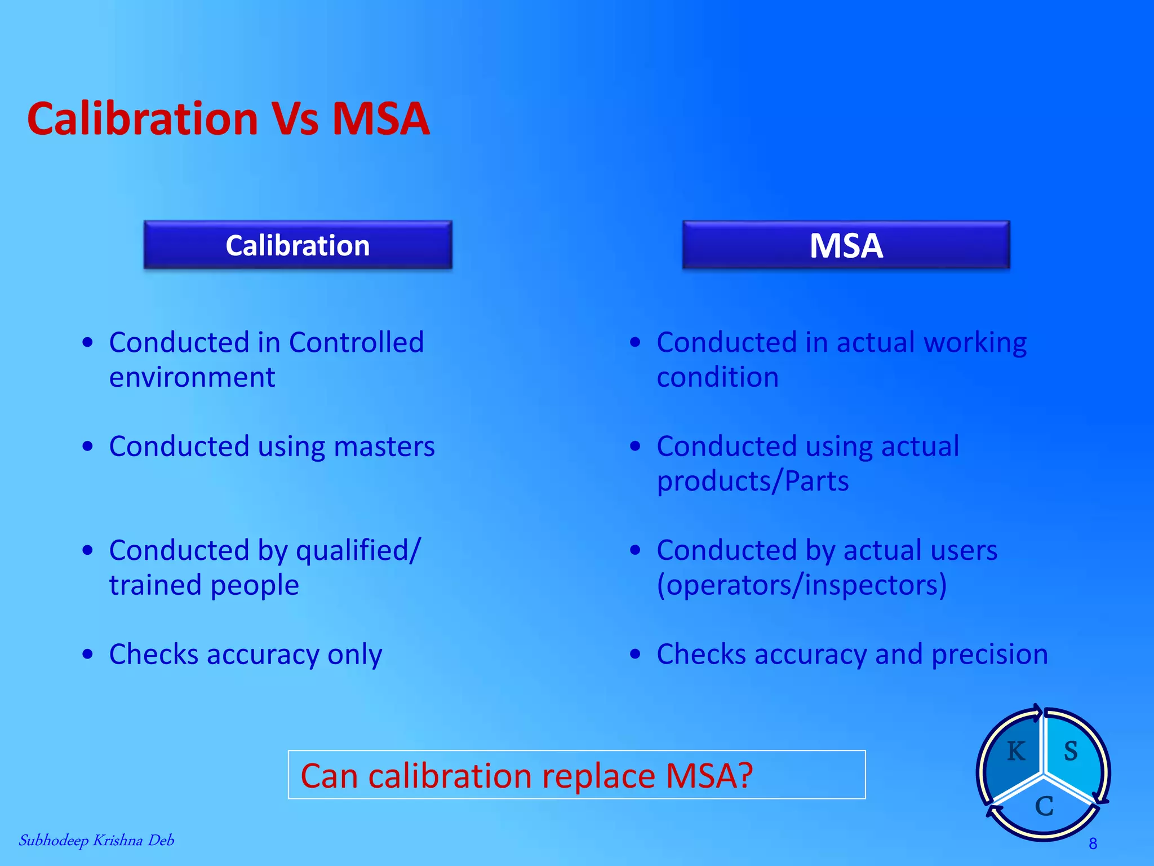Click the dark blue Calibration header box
click(x=298, y=245)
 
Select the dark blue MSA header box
click(x=846, y=245)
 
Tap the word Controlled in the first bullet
click(x=356, y=342)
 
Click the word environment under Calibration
click(x=192, y=377)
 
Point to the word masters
click(x=384, y=447)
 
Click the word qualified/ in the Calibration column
click(x=358, y=550)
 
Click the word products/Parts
click(x=753, y=481)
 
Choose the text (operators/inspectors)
click(x=802, y=585)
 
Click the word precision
click(x=989, y=655)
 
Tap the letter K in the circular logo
click(x=1016, y=752)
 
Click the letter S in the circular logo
click(x=1071, y=752)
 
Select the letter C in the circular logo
click(x=1044, y=806)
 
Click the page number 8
click(x=1093, y=843)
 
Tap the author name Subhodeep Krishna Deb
click(x=96, y=841)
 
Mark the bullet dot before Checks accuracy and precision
click(x=636, y=655)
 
